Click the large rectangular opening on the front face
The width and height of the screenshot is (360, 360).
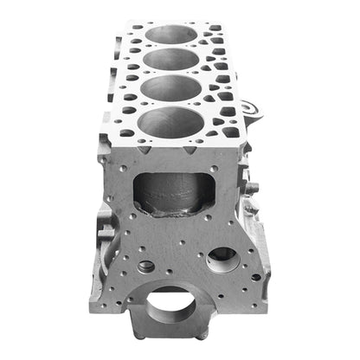(174, 193)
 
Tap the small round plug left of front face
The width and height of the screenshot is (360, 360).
(146, 267)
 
